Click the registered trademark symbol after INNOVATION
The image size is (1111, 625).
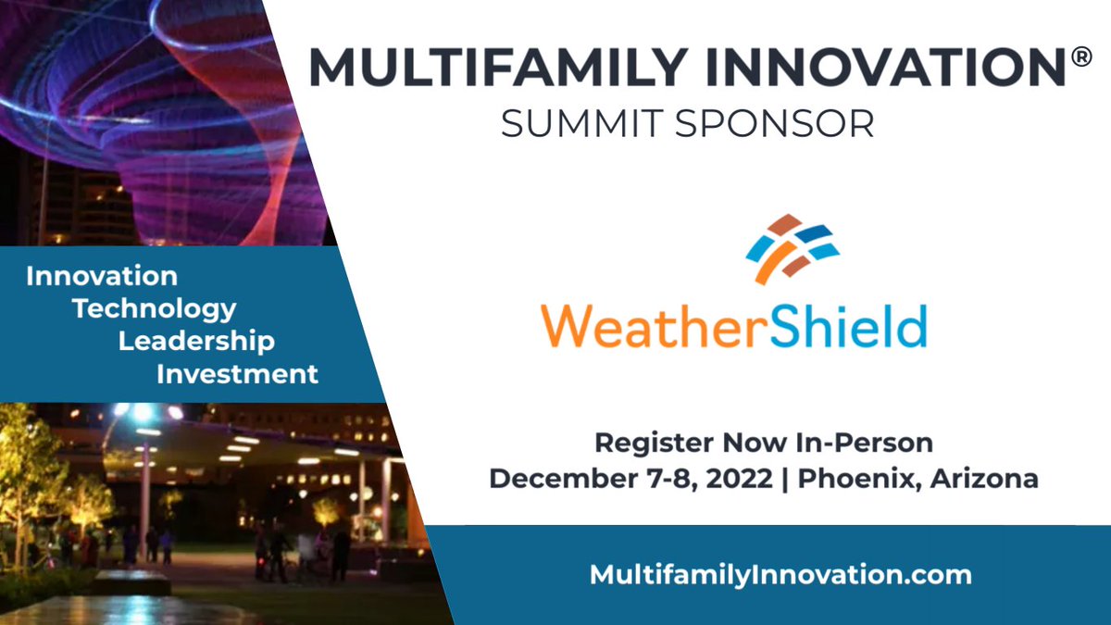[x=1080, y=57]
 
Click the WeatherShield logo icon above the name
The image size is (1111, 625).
[x=793, y=248]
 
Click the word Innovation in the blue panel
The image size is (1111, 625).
[x=102, y=276]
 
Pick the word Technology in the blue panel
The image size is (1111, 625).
[x=155, y=308]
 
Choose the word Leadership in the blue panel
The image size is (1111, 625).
[x=196, y=341]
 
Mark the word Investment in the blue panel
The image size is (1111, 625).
[x=237, y=374]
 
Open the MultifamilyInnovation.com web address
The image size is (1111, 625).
[x=780, y=575]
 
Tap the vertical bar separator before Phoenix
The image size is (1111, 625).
[x=783, y=480]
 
